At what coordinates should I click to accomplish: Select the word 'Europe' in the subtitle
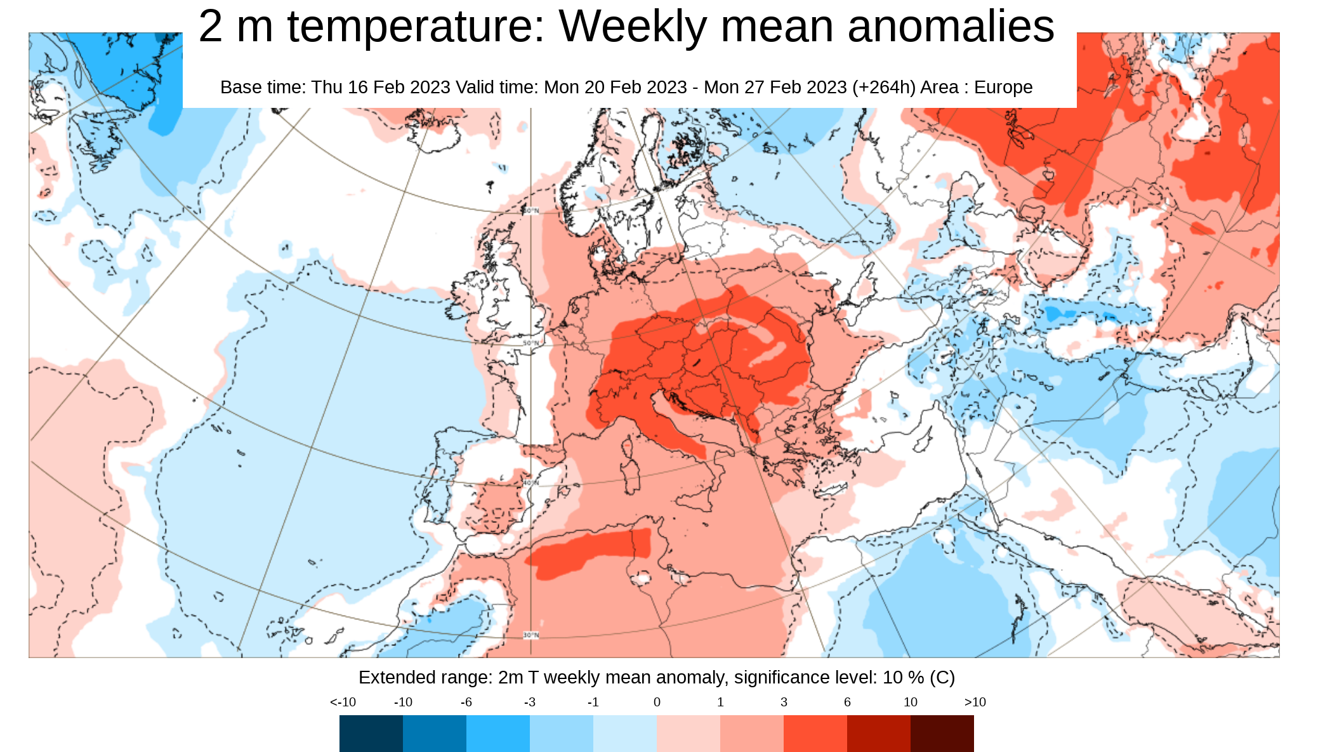click(x=1003, y=87)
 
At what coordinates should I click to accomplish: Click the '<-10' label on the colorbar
click(x=343, y=702)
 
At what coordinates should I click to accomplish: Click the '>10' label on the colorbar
click(x=975, y=702)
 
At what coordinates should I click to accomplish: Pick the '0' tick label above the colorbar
click(x=657, y=702)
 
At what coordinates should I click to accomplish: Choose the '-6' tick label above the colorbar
click(x=466, y=702)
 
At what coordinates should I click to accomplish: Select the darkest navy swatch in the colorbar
click(x=371, y=734)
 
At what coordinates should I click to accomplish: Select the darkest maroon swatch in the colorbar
click(x=942, y=734)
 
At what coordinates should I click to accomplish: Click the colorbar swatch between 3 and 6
click(x=815, y=734)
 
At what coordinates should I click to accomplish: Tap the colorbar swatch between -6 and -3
click(x=497, y=734)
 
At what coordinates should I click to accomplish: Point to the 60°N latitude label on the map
click(x=530, y=211)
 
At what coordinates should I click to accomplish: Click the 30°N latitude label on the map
click(x=530, y=635)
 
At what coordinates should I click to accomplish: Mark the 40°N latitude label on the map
click(x=530, y=483)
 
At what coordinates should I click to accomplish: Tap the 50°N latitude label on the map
click(x=530, y=343)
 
